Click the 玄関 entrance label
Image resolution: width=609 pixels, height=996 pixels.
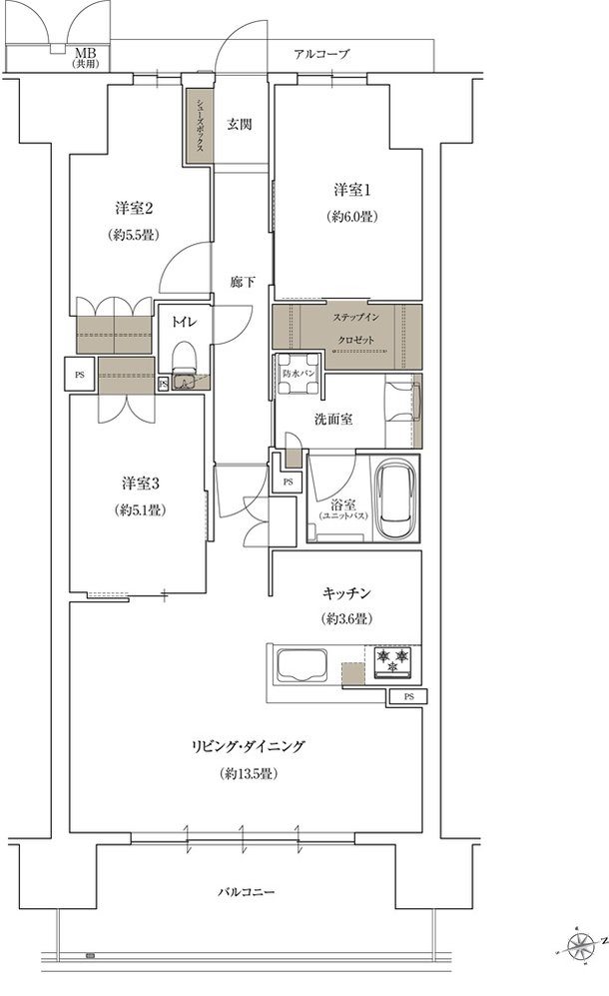click(x=240, y=124)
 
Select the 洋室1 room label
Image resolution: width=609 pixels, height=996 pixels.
click(x=352, y=189)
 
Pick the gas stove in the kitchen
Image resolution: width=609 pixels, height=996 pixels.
click(x=392, y=662)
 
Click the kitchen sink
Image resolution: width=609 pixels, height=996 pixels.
click(x=301, y=665)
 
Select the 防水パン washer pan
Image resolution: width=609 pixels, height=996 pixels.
click(x=299, y=373)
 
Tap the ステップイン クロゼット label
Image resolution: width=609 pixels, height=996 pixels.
click(x=355, y=329)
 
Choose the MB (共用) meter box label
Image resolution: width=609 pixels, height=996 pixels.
click(x=85, y=57)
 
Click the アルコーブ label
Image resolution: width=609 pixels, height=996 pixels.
click(x=321, y=54)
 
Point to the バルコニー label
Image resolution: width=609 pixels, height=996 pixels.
click(x=247, y=892)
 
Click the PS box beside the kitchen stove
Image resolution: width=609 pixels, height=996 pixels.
click(x=409, y=697)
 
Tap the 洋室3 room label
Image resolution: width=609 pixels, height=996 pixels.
click(x=141, y=484)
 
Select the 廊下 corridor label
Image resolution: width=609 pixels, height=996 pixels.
click(x=243, y=282)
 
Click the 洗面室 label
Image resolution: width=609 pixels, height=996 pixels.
click(x=333, y=419)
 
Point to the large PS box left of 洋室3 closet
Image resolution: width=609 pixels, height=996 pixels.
click(x=80, y=375)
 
